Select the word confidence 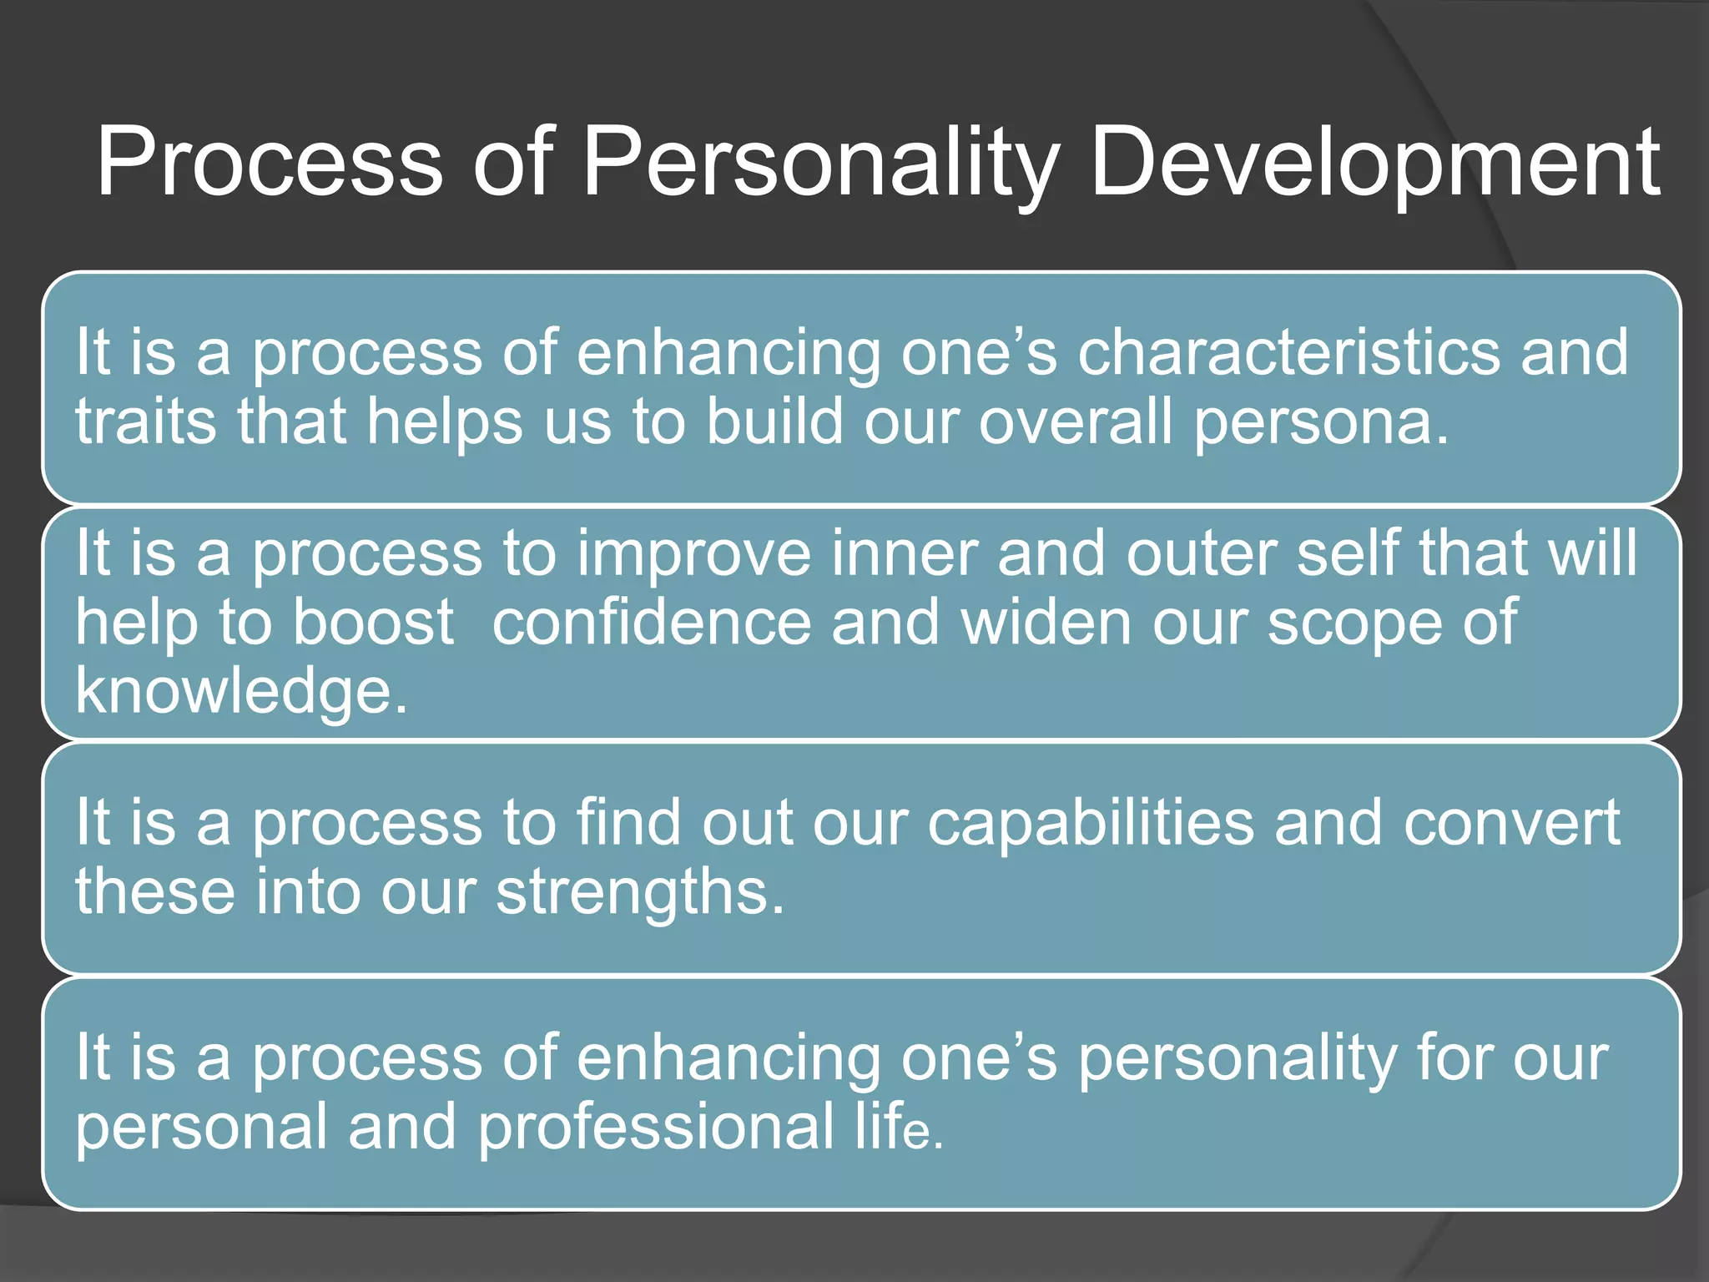(652, 623)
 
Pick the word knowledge (240, 692)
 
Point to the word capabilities (1091, 824)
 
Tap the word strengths (639, 892)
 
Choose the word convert (1511, 824)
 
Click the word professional (655, 1128)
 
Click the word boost (373, 623)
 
